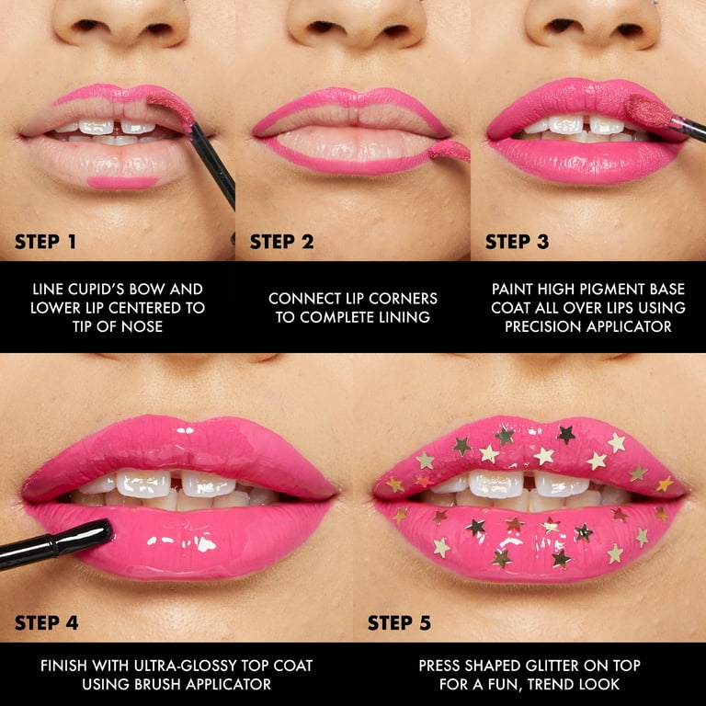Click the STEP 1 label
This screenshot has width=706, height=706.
[45, 242]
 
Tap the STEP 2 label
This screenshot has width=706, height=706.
[282, 242]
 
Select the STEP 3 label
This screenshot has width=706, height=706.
[517, 242]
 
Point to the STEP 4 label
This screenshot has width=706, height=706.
[46, 622]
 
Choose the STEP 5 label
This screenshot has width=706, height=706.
[399, 622]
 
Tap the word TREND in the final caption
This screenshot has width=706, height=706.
[552, 684]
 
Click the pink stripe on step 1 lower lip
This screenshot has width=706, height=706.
[122, 182]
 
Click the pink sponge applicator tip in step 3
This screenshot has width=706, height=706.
[647, 110]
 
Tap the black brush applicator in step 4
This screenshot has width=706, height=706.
[55, 544]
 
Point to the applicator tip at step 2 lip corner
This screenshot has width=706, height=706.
[450, 152]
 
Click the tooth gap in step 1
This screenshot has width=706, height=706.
[117, 128]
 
